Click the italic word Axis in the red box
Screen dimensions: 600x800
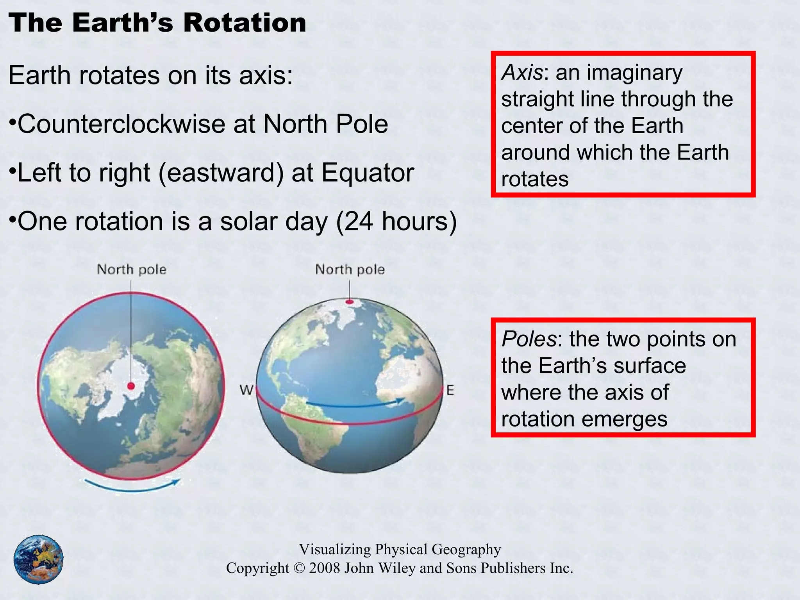(x=522, y=72)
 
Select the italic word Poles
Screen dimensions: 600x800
(x=529, y=339)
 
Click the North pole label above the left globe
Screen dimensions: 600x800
(x=132, y=270)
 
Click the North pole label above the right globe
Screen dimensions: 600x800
(x=350, y=270)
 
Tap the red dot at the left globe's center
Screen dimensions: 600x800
(x=131, y=386)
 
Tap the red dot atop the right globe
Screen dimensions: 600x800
(x=350, y=302)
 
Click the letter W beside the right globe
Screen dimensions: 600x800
(x=246, y=390)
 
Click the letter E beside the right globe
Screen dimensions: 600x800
(x=450, y=390)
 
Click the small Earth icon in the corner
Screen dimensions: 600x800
(x=38, y=559)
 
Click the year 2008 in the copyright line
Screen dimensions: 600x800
(x=324, y=568)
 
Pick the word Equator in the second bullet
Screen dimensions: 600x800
(x=367, y=173)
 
